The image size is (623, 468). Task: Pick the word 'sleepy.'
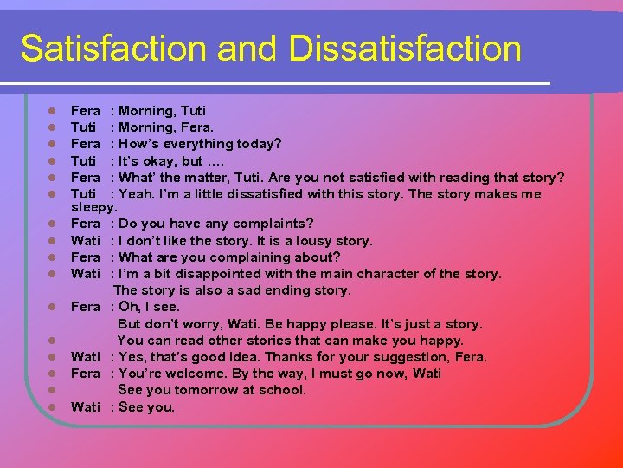click(93, 208)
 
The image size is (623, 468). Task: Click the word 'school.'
click(281, 390)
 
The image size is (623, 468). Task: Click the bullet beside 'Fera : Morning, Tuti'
click(53, 111)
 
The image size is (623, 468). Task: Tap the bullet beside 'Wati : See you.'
click(53, 407)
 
